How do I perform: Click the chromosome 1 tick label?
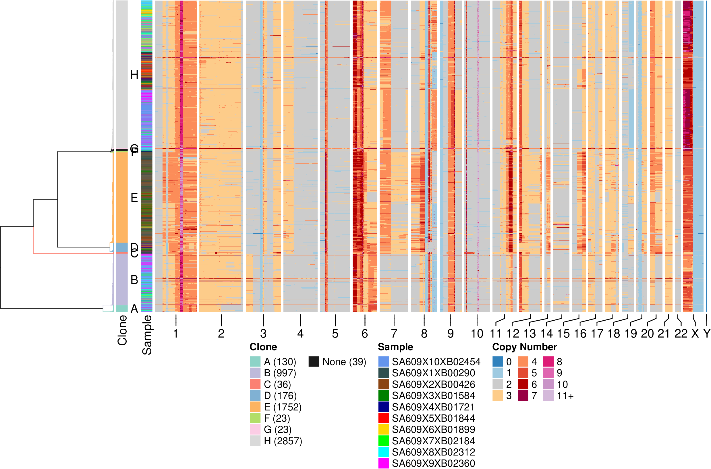[x=176, y=334]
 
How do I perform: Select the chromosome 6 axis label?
[x=364, y=334]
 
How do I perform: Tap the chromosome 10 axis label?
[x=477, y=334]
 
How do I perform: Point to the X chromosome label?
[x=695, y=334]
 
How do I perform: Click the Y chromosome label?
[x=707, y=334]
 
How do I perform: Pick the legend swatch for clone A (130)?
[x=255, y=362]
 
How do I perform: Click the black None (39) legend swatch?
[x=314, y=362]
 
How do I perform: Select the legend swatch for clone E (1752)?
[x=255, y=407]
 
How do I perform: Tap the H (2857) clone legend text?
[x=283, y=441]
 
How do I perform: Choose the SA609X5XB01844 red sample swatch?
[x=383, y=418]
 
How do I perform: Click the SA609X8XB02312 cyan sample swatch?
[x=383, y=452]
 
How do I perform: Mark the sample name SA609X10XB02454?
[x=436, y=362]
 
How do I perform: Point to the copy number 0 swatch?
[x=498, y=362]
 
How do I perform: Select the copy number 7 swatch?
[x=523, y=396]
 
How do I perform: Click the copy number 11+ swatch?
[x=548, y=396]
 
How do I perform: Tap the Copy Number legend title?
[x=524, y=347]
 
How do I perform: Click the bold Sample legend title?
[x=395, y=347]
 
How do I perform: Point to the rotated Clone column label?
[x=122, y=331]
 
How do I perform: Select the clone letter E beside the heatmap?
[x=134, y=198]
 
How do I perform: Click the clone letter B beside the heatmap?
[x=134, y=280]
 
